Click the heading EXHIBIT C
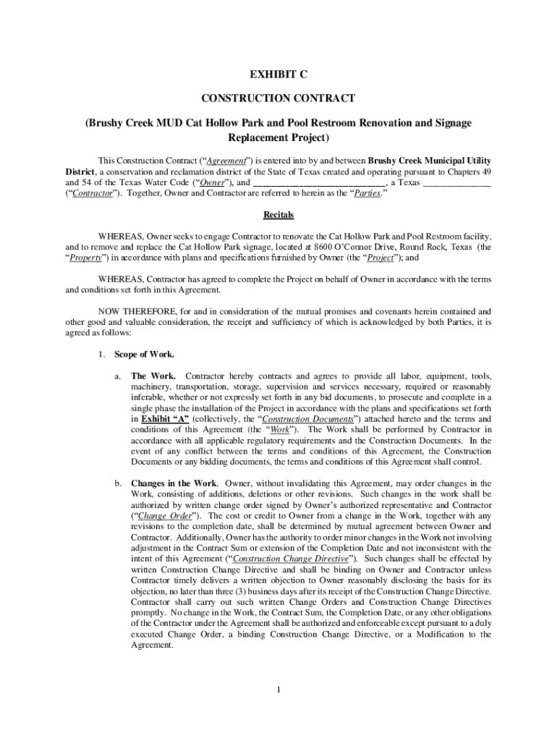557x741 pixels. [x=278, y=75]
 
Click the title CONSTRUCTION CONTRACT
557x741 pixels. [x=278, y=98]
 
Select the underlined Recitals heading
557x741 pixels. [x=278, y=216]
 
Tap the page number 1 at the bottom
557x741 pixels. [x=278, y=688]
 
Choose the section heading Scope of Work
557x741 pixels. [x=145, y=354]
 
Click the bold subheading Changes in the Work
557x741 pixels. [x=174, y=483]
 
